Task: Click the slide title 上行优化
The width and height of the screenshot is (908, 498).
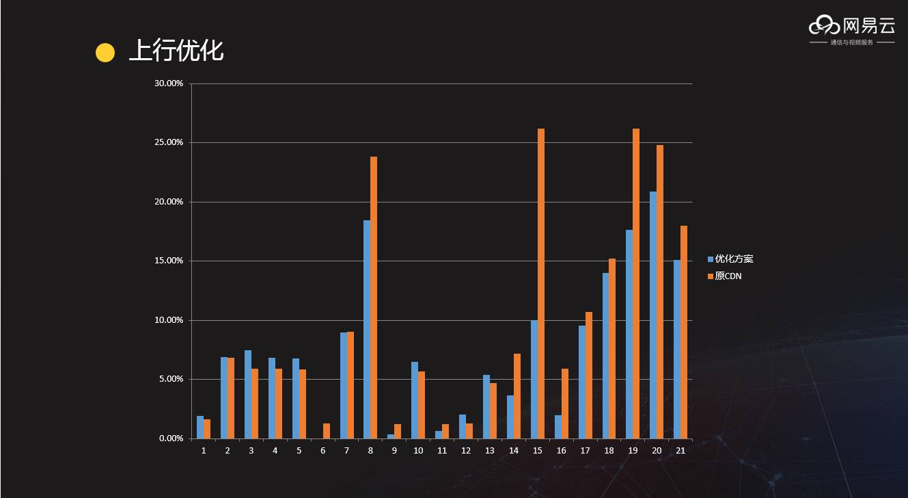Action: coord(176,51)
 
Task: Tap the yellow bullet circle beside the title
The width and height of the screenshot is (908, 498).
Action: coord(105,53)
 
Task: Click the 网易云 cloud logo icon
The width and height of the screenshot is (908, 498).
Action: coord(824,26)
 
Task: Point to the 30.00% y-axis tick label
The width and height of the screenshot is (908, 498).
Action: coord(169,83)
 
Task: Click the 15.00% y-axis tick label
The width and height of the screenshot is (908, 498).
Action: coord(169,261)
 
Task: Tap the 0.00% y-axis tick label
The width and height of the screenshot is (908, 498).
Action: coord(171,438)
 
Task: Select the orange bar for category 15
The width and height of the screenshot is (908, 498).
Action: coord(541,283)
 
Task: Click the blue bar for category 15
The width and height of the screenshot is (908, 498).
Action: coord(534,379)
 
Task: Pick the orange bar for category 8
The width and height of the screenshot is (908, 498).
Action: coord(374,298)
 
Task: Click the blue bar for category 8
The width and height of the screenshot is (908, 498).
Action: coord(367,329)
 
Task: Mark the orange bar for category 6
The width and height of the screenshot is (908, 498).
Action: coord(327,431)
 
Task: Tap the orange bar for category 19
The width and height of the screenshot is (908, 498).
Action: coord(636,283)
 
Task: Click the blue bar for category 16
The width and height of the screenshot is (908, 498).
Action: coord(558,427)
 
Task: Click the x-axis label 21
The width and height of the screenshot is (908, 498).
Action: coord(680,451)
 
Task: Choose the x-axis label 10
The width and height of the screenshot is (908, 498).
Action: coord(418,451)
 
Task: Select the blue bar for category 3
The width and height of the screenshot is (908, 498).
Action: coord(248,394)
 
